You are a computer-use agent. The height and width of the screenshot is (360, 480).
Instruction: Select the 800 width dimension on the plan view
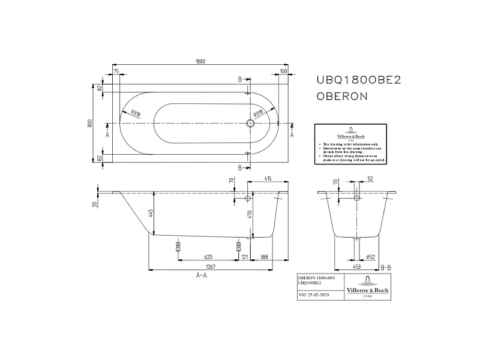89,123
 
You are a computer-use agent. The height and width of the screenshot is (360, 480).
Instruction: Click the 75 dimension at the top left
116,71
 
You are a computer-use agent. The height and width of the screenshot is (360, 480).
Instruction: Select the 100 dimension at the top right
283,71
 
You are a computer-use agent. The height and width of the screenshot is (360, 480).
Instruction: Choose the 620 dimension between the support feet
207,256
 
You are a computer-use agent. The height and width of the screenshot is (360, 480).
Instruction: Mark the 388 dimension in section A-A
265,256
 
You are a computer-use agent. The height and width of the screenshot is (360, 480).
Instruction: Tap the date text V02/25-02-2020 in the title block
314,295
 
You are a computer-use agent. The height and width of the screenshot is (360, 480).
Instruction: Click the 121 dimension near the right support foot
245,256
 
